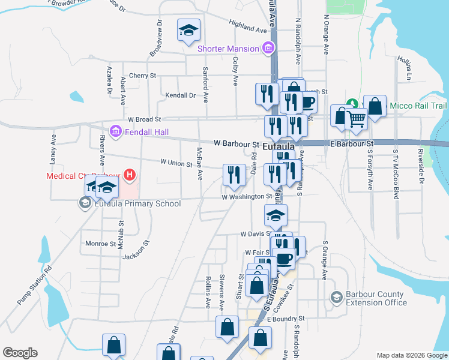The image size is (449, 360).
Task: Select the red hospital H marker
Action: [x=128, y=175]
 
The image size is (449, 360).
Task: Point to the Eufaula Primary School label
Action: [x=138, y=203]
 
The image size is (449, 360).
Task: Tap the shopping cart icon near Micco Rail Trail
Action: [x=357, y=119]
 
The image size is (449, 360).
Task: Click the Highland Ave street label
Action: [x=247, y=26]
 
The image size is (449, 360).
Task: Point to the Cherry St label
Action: [x=142, y=76]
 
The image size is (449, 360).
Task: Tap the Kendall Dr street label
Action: [x=181, y=95]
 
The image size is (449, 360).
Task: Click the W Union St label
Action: [x=176, y=163]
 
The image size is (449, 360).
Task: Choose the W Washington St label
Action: [x=247, y=197]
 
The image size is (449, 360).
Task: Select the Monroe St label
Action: [x=100, y=244]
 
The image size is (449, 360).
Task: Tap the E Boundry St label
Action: [x=286, y=319]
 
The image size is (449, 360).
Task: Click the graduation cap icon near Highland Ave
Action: [x=188, y=29]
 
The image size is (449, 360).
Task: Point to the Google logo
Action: [x=20, y=353]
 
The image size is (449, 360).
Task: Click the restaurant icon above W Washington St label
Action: [x=234, y=175]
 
